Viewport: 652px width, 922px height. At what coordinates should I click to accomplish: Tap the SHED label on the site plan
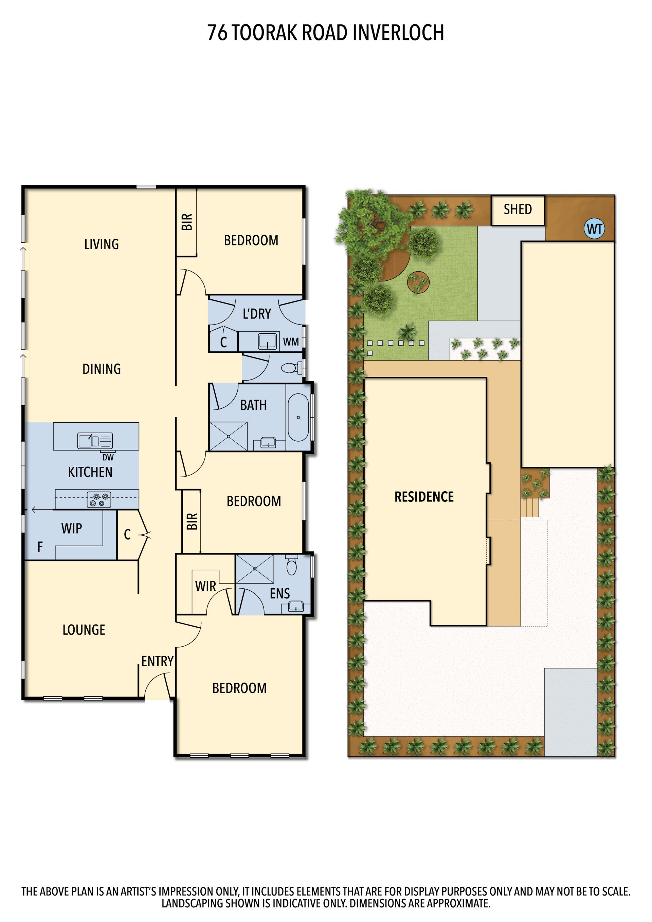point(518,209)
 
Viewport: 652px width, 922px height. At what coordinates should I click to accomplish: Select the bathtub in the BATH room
point(298,417)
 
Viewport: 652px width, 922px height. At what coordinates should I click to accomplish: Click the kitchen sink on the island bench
point(95,441)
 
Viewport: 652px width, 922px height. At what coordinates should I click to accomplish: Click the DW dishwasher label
point(108,457)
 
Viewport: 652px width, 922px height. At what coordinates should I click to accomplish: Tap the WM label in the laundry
point(290,342)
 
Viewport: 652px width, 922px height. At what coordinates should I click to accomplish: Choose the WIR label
point(205,586)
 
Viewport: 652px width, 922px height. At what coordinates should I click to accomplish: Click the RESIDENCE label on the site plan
point(424,497)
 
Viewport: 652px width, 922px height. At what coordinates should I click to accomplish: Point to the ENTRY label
point(157,661)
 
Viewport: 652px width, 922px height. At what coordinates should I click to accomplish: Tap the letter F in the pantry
point(40,547)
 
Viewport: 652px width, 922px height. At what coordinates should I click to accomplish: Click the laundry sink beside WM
point(267,341)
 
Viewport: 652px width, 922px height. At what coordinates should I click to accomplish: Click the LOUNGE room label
point(84,630)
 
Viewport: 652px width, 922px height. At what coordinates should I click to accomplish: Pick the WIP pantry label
point(72,529)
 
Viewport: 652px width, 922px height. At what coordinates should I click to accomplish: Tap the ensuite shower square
point(255,569)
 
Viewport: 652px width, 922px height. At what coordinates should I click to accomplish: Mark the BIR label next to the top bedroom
point(187,222)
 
